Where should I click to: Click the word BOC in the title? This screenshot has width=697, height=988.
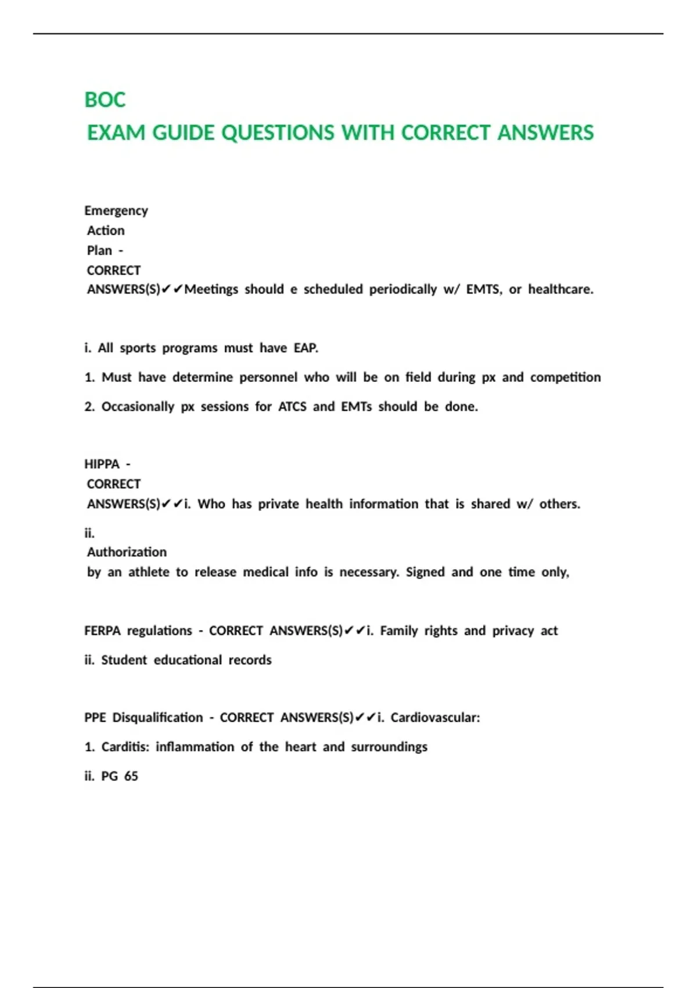tap(105, 100)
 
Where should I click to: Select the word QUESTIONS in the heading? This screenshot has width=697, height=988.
tap(278, 133)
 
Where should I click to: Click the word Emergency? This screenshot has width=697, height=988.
tap(116, 210)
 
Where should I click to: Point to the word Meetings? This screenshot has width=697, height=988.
tap(211, 289)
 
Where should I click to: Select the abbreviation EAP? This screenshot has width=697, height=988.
tap(306, 348)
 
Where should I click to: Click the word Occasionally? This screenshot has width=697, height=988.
tap(138, 407)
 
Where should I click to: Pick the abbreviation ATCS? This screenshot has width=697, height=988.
tap(292, 407)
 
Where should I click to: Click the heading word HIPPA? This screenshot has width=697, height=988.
tap(102, 464)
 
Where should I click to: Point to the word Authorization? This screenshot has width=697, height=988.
tap(127, 552)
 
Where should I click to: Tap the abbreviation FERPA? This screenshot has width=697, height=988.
tap(102, 631)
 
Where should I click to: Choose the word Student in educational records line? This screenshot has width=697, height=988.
tap(124, 660)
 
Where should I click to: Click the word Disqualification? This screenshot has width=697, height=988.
tap(157, 718)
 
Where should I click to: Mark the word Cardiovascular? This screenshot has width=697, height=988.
tap(435, 718)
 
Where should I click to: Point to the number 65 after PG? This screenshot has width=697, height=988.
tap(131, 776)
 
